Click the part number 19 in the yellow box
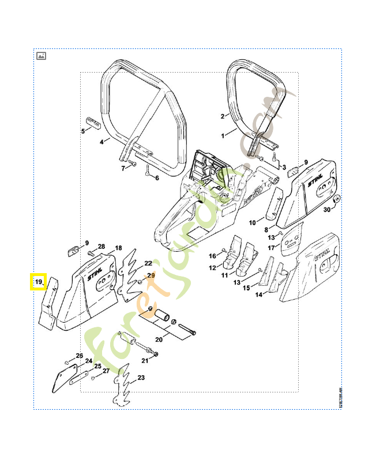39,282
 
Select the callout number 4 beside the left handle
101,142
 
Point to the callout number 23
140,379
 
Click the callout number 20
159,340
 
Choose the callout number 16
212,256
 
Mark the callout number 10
252,222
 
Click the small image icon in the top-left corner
41,56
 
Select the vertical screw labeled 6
148,170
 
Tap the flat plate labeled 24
59,380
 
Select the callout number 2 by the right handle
222,116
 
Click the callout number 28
101,246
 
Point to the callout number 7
123,168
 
